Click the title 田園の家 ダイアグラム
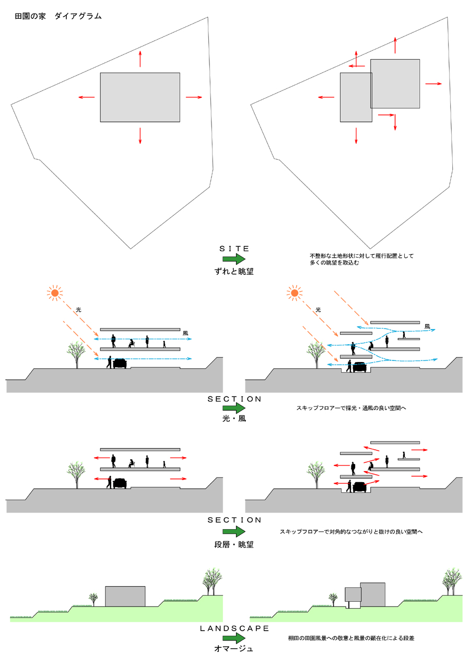click(58, 16)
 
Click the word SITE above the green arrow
click(234, 248)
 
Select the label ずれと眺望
click(234, 271)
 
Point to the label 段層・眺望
click(234, 544)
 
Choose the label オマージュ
click(234, 649)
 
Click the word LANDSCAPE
click(234, 628)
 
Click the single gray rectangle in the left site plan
click(140, 97)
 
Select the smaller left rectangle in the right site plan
click(355, 97)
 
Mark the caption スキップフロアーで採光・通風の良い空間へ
click(351, 407)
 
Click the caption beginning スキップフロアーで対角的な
click(351, 532)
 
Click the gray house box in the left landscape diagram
click(125, 596)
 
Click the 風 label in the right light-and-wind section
click(427, 326)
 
